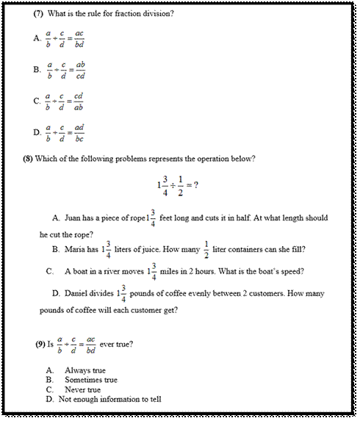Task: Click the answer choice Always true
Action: point(85,370)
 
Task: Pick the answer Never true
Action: point(83,389)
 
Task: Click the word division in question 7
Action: point(155,14)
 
